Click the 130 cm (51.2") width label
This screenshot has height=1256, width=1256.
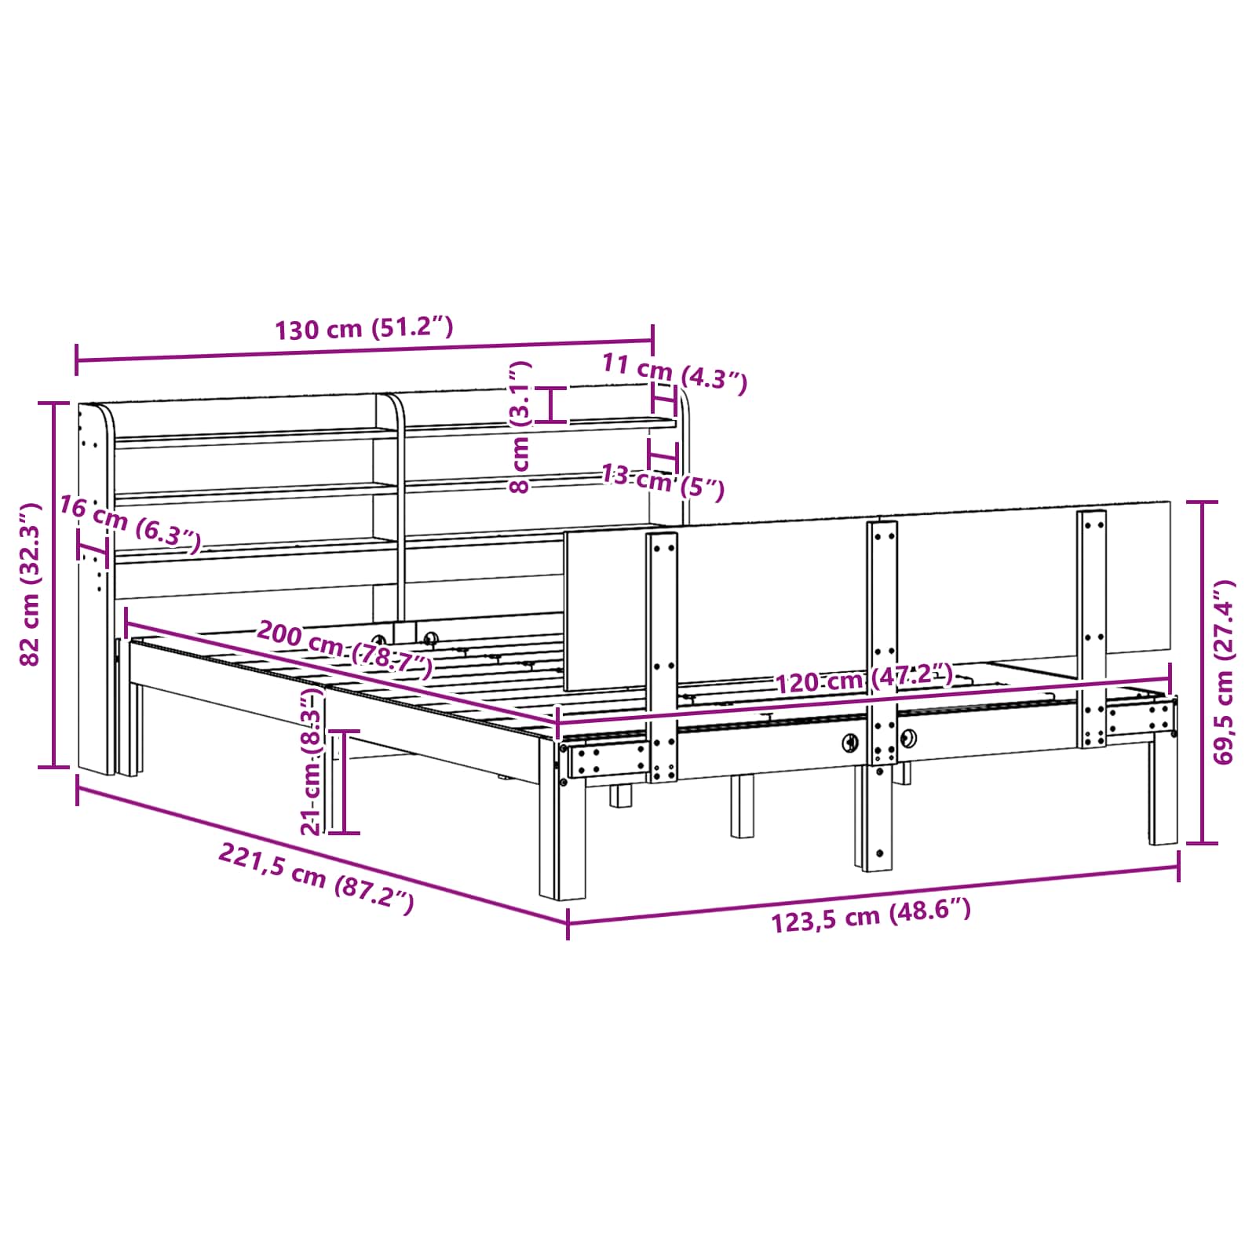tap(363, 328)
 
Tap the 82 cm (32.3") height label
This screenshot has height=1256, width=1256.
tap(31, 584)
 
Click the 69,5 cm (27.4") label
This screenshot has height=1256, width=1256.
tap(1223, 671)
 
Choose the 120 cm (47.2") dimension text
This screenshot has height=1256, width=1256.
tap(864, 678)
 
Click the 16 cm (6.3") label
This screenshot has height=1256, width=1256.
tap(130, 524)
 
